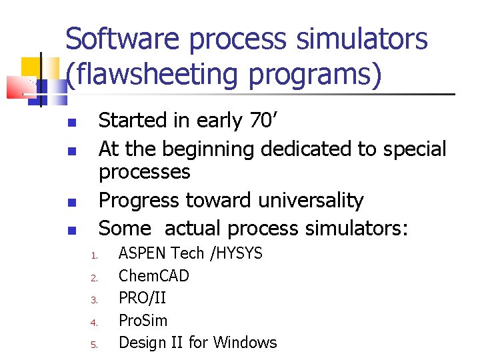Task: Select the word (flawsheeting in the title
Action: click(x=149, y=74)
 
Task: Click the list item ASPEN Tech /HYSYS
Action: click(x=190, y=253)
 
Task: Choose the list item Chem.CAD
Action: click(x=153, y=275)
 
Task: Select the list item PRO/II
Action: click(x=142, y=298)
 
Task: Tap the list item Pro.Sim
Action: click(x=143, y=320)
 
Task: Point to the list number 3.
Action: click(x=95, y=300)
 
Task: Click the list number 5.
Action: click(x=95, y=345)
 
